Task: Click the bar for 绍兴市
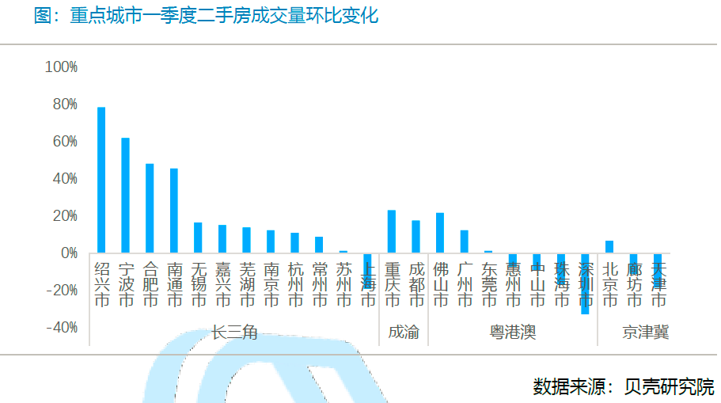click(101, 180)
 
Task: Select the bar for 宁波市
click(125, 195)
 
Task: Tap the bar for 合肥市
click(150, 208)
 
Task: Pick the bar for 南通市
click(174, 211)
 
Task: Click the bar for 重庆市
click(391, 231)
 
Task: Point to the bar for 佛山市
click(440, 233)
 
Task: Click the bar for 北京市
click(609, 247)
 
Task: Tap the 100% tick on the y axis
click(61, 67)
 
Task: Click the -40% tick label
click(61, 328)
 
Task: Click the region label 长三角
click(234, 333)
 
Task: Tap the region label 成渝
click(404, 333)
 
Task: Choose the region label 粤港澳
click(513, 333)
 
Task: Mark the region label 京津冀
click(645, 333)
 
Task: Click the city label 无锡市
click(199, 284)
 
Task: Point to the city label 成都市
click(416, 284)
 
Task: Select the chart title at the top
click(206, 15)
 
